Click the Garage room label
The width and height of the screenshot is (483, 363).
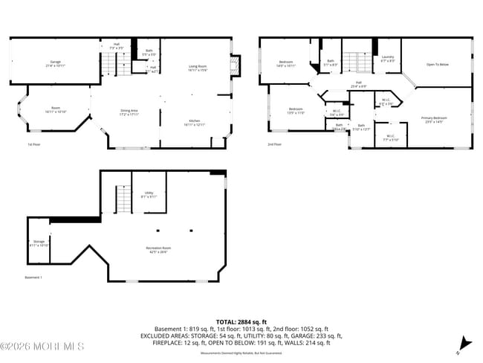[55, 63]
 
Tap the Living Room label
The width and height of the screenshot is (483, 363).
[197, 68]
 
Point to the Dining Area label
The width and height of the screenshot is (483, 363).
[129, 112]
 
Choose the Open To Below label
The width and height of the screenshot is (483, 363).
[436, 65]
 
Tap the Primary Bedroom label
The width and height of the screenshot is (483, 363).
[435, 119]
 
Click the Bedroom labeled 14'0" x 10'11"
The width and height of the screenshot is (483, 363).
[287, 63]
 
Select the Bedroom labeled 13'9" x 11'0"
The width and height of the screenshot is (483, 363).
[296, 111]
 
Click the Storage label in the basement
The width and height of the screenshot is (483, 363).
[39, 243]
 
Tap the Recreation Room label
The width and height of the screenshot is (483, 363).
[158, 249]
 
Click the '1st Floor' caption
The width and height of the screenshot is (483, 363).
[34, 144]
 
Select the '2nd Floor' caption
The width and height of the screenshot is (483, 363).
[275, 144]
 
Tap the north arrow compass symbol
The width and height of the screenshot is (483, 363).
[466, 344]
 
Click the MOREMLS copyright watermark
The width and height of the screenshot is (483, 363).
[42, 346]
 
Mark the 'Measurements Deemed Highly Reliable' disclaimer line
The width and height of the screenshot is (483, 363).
[240, 353]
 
